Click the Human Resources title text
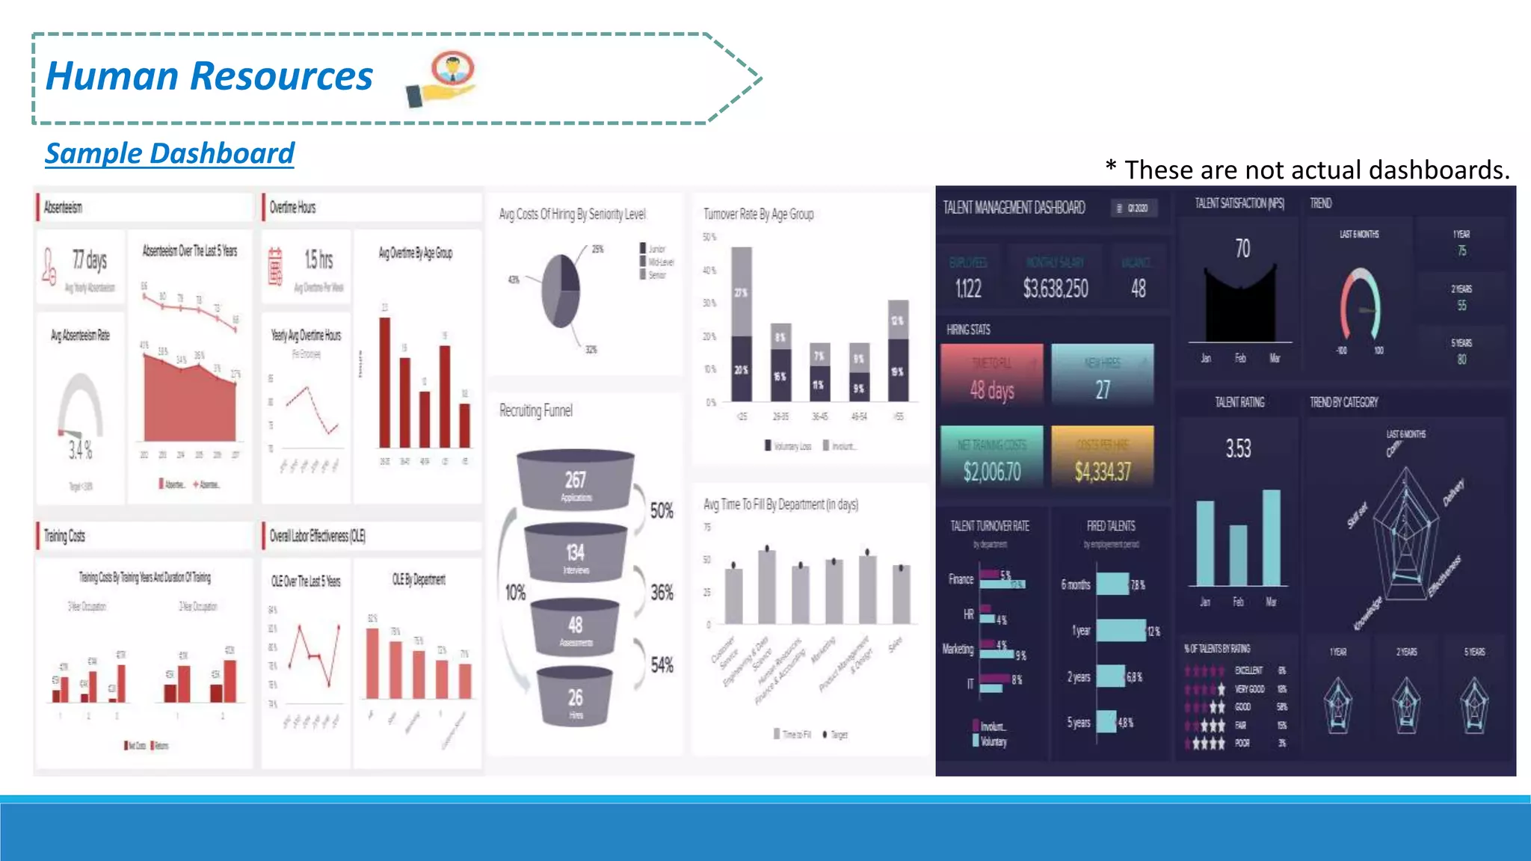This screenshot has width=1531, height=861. point(209,76)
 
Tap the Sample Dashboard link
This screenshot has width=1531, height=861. point(170,153)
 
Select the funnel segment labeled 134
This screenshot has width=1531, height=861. point(576,553)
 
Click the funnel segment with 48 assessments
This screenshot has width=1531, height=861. point(575,626)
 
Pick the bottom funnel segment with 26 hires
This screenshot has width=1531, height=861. point(575,698)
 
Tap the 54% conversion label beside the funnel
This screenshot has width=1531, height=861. point(662,664)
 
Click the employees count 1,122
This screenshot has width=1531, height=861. point(968,288)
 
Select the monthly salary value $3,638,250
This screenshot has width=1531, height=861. point(1056,288)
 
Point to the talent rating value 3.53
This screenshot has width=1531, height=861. point(1238,448)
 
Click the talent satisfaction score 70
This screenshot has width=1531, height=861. point(1242,248)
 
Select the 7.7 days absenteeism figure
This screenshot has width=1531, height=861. point(90,260)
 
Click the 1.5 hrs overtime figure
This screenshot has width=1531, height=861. point(318,260)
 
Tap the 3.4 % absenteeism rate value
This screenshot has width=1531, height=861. point(81,450)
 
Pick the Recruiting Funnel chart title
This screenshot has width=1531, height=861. point(536,410)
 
